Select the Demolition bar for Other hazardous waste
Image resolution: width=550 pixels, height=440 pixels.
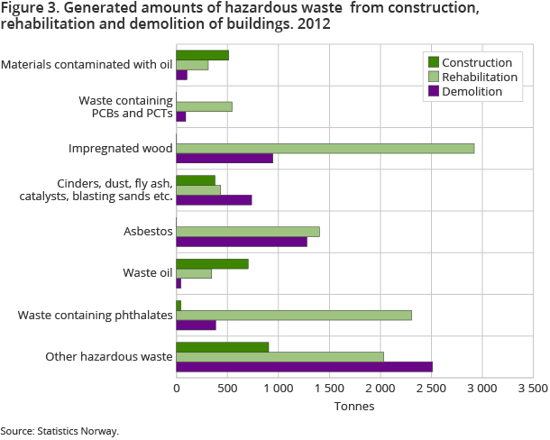click(304, 367)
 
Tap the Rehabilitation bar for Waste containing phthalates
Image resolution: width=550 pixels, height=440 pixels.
click(294, 315)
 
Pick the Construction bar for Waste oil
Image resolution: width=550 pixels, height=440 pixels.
click(212, 263)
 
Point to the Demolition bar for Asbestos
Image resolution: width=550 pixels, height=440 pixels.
click(242, 242)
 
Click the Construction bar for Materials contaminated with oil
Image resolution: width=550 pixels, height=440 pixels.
click(202, 55)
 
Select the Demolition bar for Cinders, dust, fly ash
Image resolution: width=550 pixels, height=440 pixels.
click(214, 199)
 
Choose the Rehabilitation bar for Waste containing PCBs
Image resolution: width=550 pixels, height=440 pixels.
click(204, 106)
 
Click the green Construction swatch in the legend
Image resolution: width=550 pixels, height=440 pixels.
click(433, 62)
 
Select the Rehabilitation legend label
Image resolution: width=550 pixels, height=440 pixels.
click(479, 77)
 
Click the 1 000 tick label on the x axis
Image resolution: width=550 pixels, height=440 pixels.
click(279, 389)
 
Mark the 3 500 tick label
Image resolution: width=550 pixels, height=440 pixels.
click(533, 389)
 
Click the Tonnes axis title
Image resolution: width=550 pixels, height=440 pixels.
click(354, 406)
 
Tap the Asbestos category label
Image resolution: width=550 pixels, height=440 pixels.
click(148, 232)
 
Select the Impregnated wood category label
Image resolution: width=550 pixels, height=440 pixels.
click(121, 148)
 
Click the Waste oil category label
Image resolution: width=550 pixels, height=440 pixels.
click(147, 272)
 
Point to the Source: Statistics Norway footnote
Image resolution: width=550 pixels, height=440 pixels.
click(60, 431)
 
